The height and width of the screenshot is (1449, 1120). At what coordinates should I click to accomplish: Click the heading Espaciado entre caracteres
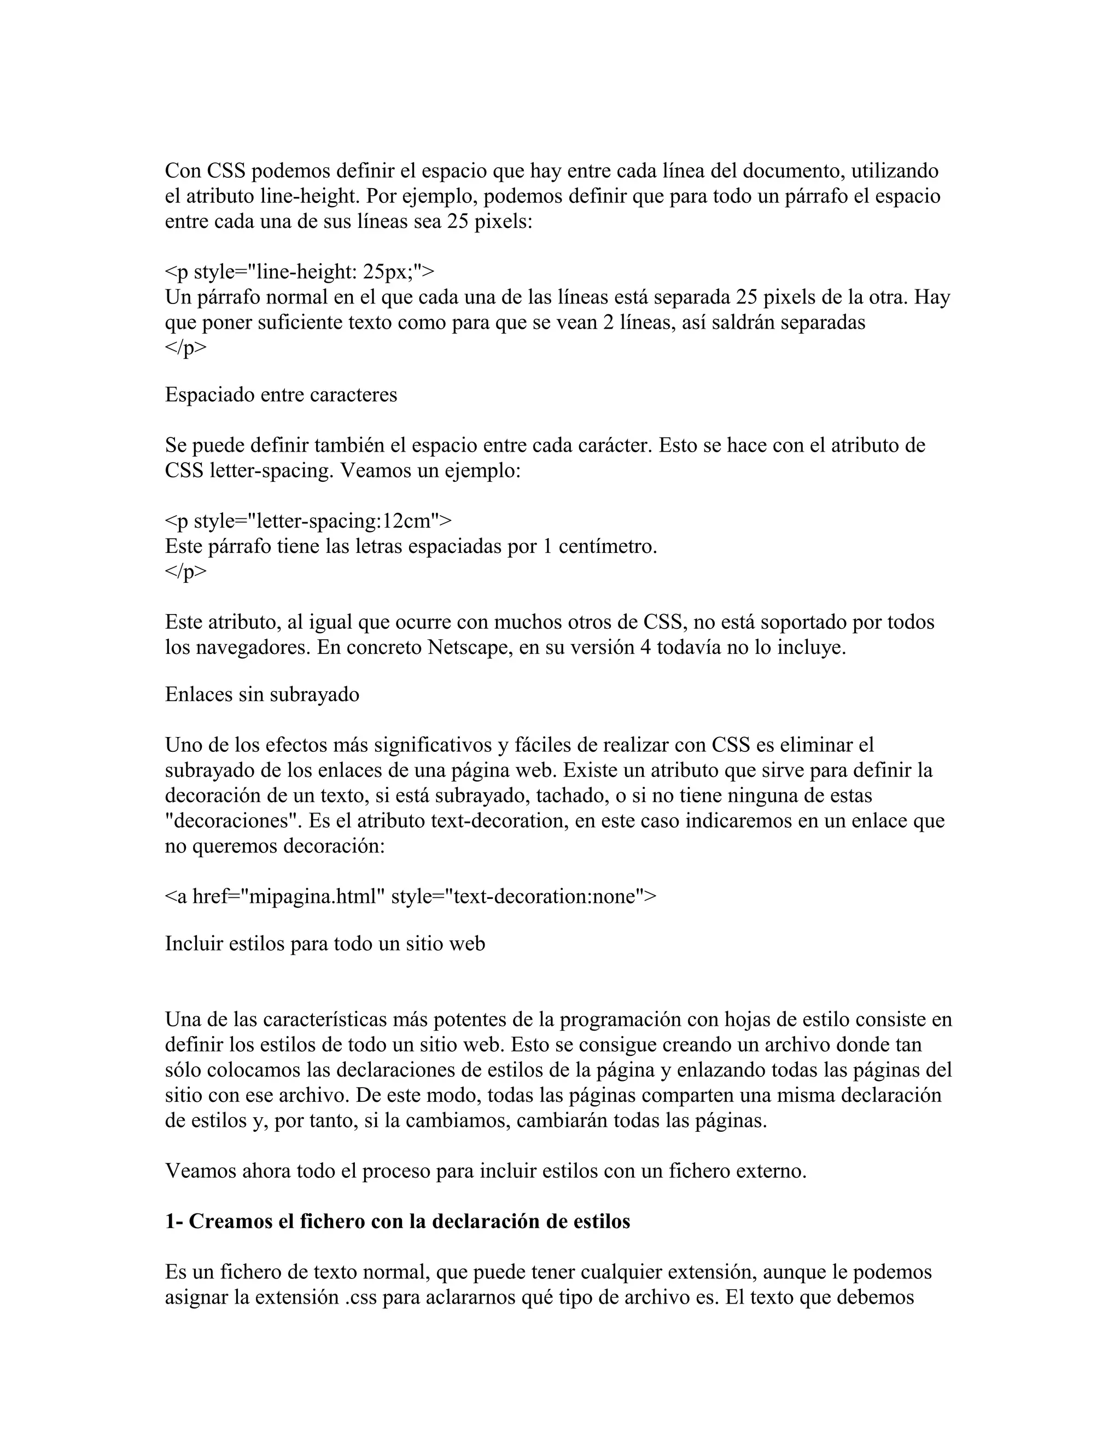tap(281, 395)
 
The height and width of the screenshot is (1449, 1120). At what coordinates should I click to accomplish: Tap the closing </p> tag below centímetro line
tap(185, 572)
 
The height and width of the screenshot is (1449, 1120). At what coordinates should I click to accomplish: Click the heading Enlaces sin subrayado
tap(262, 694)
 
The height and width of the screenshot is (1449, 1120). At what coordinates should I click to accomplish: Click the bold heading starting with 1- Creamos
tap(398, 1222)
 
